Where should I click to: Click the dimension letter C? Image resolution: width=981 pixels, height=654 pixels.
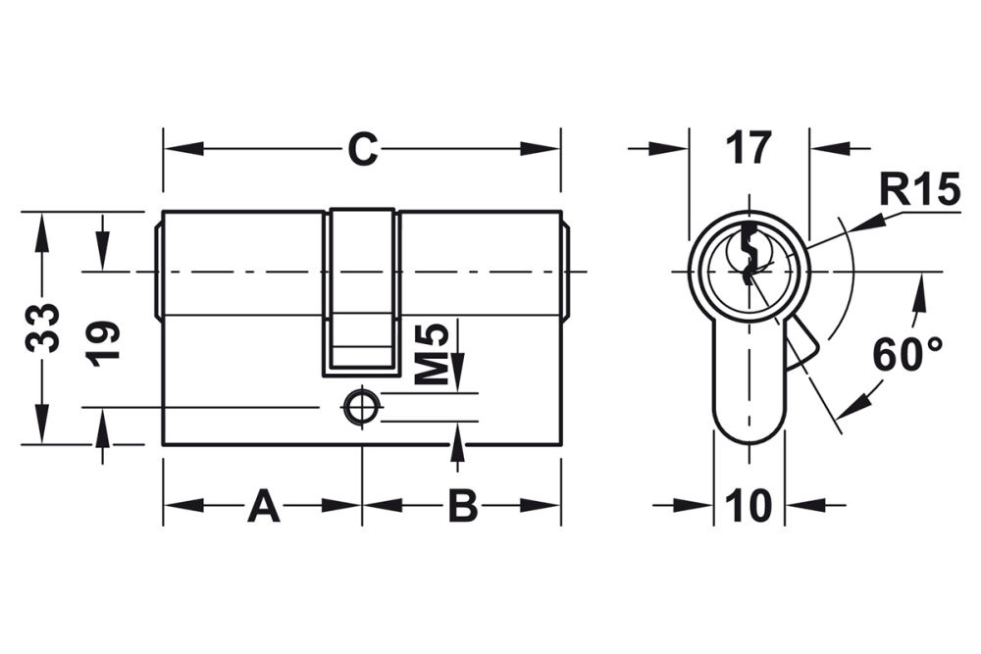click(x=362, y=149)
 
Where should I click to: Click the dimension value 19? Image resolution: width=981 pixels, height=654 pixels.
click(x=104, y=343)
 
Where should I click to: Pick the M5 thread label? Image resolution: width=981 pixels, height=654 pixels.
click(x=433, y=354)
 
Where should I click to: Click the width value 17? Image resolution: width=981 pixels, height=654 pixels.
click(x=749, y=148)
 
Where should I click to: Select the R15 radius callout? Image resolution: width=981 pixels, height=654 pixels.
click(x=919, y=189)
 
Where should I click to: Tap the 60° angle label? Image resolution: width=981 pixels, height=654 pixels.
click(x=907, y=355)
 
